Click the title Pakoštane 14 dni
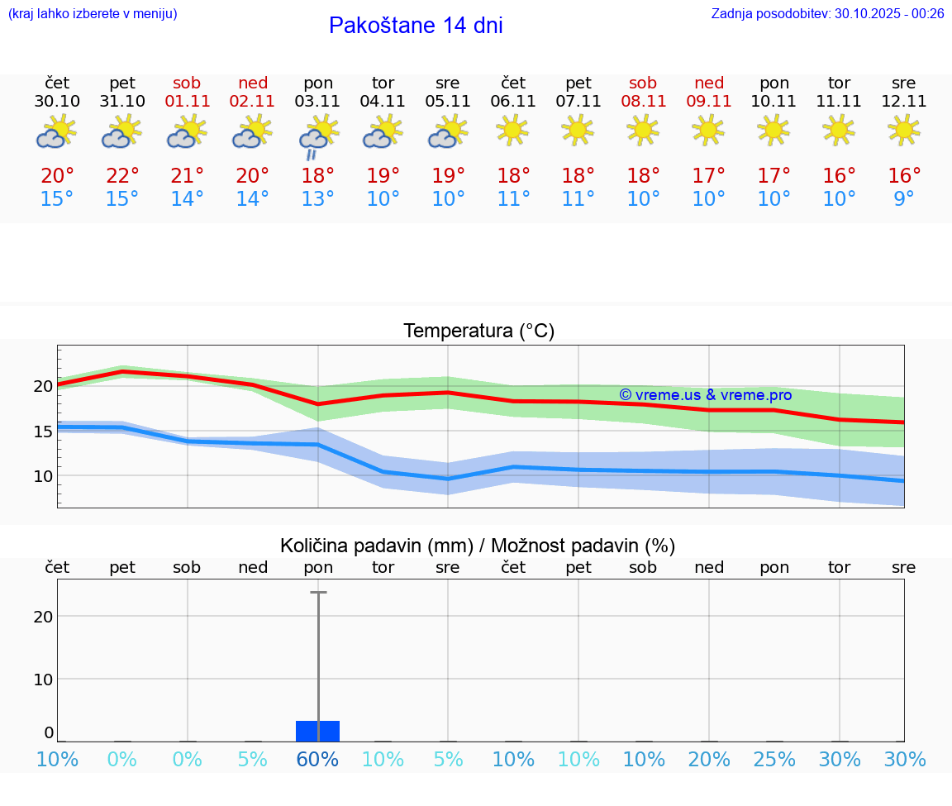(416, 26)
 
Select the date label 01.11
(188, 102)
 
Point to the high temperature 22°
(122, 176)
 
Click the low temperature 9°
(904, 199)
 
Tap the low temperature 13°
(317, 199)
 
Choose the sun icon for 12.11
(904, 130)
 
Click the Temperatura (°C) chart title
(478, 331)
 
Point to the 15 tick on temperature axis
(43, 431)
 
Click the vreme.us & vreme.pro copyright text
(705, 395)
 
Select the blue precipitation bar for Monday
(318, 731)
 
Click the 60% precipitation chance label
(317, 759)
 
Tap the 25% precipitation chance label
(774, 759)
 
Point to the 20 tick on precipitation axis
(43, 616)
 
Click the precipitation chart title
(478, 546)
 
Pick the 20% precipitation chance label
(709, 759)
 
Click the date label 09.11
(709, 102)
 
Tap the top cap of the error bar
(318, 593)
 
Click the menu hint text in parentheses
(93, 13)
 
